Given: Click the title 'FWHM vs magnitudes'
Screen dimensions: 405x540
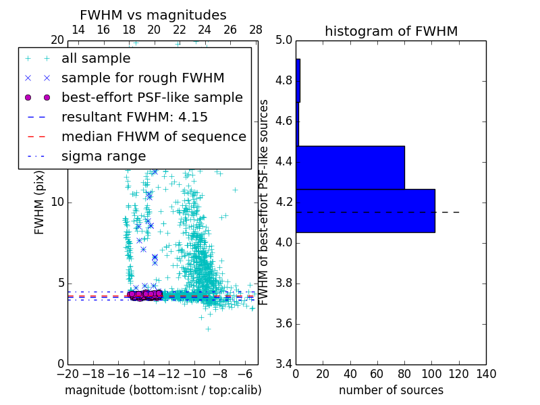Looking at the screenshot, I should point(153,15).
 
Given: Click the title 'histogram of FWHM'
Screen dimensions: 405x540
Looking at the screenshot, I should point(391,31).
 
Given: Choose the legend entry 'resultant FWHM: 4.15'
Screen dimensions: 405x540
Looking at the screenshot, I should point(134,117).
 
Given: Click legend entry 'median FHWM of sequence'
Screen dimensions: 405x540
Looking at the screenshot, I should point(153,136).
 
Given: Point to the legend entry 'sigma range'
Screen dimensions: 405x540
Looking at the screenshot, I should point(103,156).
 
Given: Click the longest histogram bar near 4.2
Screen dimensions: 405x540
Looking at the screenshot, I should point(365,211).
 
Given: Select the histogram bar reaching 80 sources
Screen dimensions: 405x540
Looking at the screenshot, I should point(350,167).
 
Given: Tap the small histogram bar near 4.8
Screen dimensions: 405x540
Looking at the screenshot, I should point(298,80).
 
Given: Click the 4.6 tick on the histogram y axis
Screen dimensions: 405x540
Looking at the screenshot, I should point(283,122).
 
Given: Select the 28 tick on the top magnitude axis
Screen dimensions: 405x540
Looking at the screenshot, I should point(256,30).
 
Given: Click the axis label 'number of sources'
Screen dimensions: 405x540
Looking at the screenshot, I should point(391,390).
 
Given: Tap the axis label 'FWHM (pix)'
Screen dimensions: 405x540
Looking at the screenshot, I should point(40,202).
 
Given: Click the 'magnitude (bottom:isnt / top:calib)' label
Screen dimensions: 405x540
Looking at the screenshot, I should point(163,390).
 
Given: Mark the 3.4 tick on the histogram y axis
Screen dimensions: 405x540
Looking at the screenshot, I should point(283,364).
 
